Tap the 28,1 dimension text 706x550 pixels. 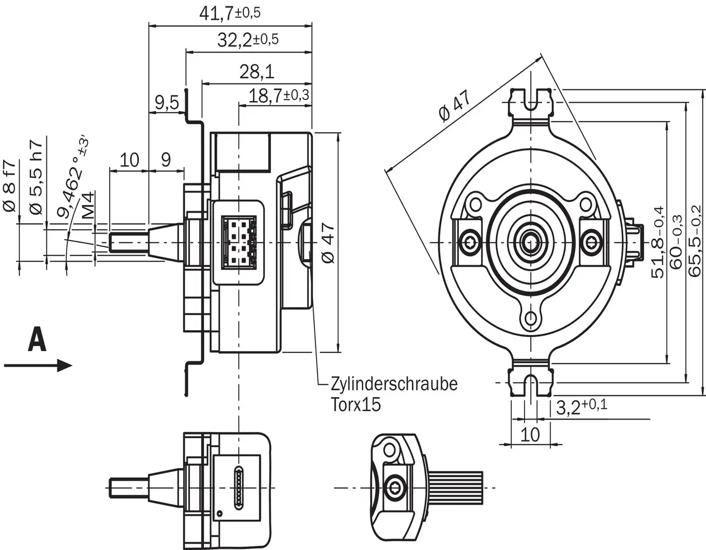256,71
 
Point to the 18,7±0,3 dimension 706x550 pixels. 279,96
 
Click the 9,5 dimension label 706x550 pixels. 166,103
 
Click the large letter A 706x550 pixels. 37,339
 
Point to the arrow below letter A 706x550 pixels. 38,365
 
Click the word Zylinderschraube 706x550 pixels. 394,384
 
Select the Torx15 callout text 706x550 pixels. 356,405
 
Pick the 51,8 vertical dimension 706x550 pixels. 658,243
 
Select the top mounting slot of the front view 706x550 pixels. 531,102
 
